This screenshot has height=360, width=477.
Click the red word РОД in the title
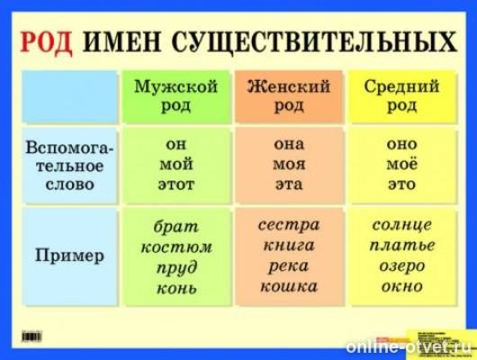(x=45, y=41)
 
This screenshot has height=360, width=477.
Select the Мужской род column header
(x=175, y=95)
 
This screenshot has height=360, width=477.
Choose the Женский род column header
(x=289, y=95)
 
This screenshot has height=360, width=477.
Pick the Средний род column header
(x=401, y=95)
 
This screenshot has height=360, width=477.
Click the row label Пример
(x=69, y=256)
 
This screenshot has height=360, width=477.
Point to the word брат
(x=175, y=226)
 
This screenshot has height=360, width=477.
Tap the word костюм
(x=175, y=246)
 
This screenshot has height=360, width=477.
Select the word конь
(x=175, y=287)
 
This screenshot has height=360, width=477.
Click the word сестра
(x=289, y=224)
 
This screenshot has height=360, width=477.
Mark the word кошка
(x=289, y=286)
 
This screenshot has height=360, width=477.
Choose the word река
(x=289, y=265)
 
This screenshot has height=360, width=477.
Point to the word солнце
(x=401, y=224)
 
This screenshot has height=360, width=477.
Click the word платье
(x=401, y=245)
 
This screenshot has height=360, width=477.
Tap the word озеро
(x=401, y=265)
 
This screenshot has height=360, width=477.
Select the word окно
(x=401, y=286)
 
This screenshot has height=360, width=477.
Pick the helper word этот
(x=175, y=184)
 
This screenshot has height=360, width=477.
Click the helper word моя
(x=289, y=164)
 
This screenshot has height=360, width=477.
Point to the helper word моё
(x=401, y=164)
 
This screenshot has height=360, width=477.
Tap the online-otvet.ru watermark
(x=409, y=346)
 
